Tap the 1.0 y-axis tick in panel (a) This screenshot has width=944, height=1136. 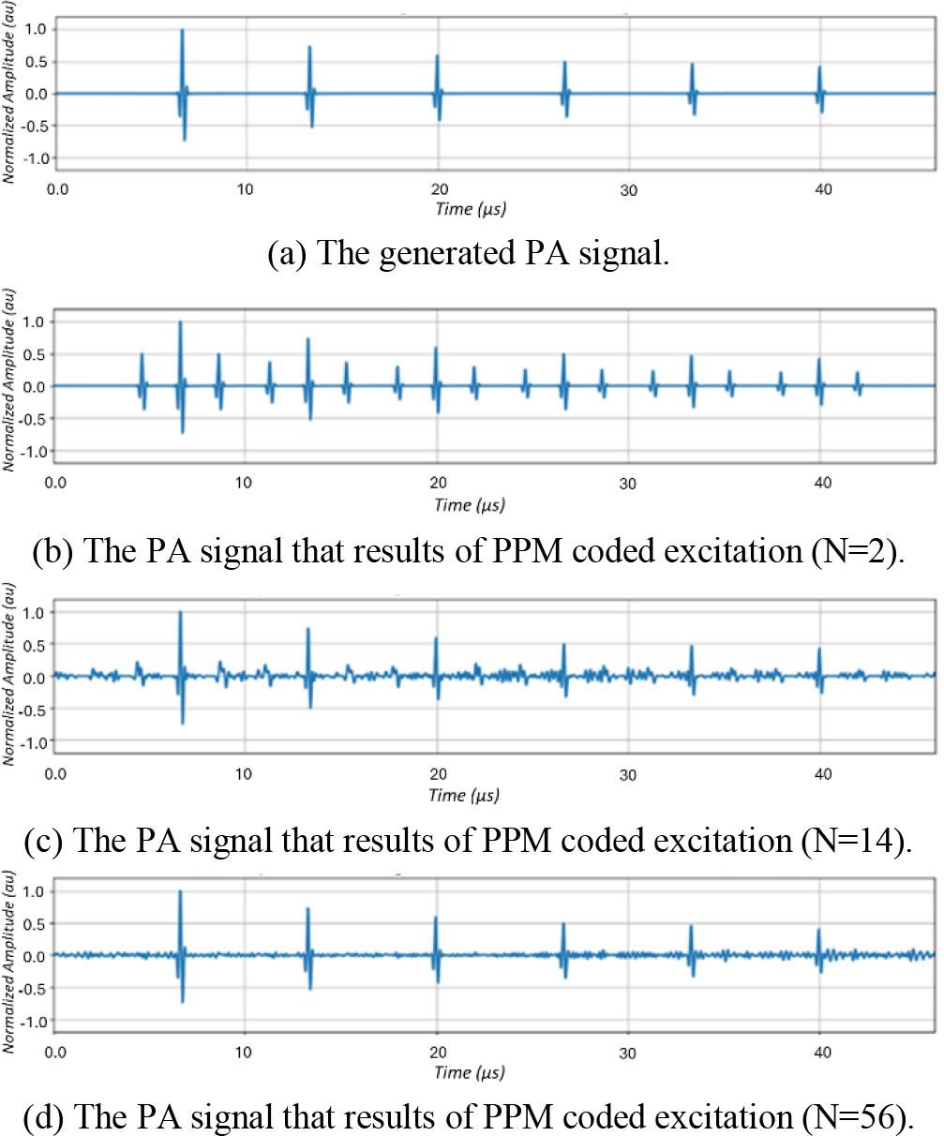click(36, 28)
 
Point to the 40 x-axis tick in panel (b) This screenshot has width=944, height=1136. click(822, 483)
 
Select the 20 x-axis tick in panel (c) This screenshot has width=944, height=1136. click(437, 774)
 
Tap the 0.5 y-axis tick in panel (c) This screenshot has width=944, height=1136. click(36, 644)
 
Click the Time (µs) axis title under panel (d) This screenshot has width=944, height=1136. click(470, 1071)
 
